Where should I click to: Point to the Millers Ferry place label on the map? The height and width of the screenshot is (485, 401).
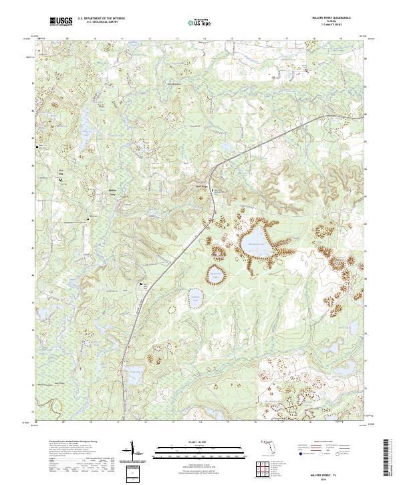click(x=112, y=193)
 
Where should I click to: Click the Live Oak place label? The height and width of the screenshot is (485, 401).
click(x=61, y=172)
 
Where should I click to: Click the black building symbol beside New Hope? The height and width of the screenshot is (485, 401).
click(x=213, y=191)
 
